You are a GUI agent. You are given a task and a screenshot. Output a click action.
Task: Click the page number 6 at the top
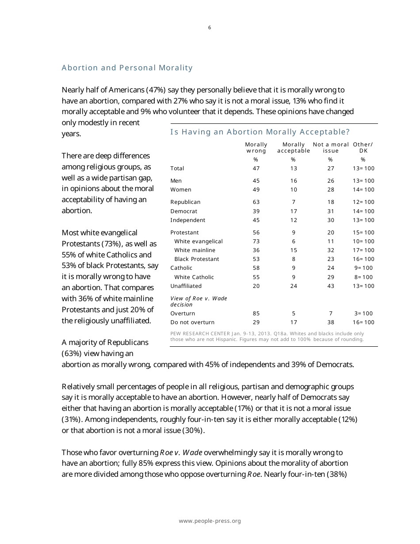tap(210, 28)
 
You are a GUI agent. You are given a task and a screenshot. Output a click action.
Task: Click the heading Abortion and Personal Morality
tap(127, 68)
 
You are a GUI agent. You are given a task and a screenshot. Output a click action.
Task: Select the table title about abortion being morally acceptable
tap(260, 132)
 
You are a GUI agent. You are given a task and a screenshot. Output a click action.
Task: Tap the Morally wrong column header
tap(256, 148)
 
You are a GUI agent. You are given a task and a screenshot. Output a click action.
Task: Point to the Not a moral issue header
tap(331, 148)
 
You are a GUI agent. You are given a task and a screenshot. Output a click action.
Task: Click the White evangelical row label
tap(199, 241)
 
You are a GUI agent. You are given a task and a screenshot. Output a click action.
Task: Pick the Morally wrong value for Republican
tap(256, 202)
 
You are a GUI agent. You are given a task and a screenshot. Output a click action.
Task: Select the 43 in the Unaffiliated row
tap(331, 286)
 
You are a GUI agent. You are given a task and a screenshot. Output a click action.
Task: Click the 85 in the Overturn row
tap(256, 314)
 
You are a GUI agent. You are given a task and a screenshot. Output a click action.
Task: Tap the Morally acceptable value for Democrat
tap(294, 211)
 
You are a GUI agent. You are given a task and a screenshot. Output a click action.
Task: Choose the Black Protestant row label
tap(197, 259)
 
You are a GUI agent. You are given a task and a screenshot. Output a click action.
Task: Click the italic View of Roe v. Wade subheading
tap(199, 302)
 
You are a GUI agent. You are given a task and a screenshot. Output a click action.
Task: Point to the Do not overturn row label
tap(192, 322)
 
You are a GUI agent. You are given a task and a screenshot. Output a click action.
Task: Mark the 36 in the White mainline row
tap(256, 250)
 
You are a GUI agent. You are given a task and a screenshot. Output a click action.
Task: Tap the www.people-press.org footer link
tap(210, 521)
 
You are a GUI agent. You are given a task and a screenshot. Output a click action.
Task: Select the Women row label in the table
tap(181, 190)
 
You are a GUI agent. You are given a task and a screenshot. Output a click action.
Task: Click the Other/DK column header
tap(363, 148)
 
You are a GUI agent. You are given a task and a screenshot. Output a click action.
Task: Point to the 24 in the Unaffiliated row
tap(294, 286)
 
